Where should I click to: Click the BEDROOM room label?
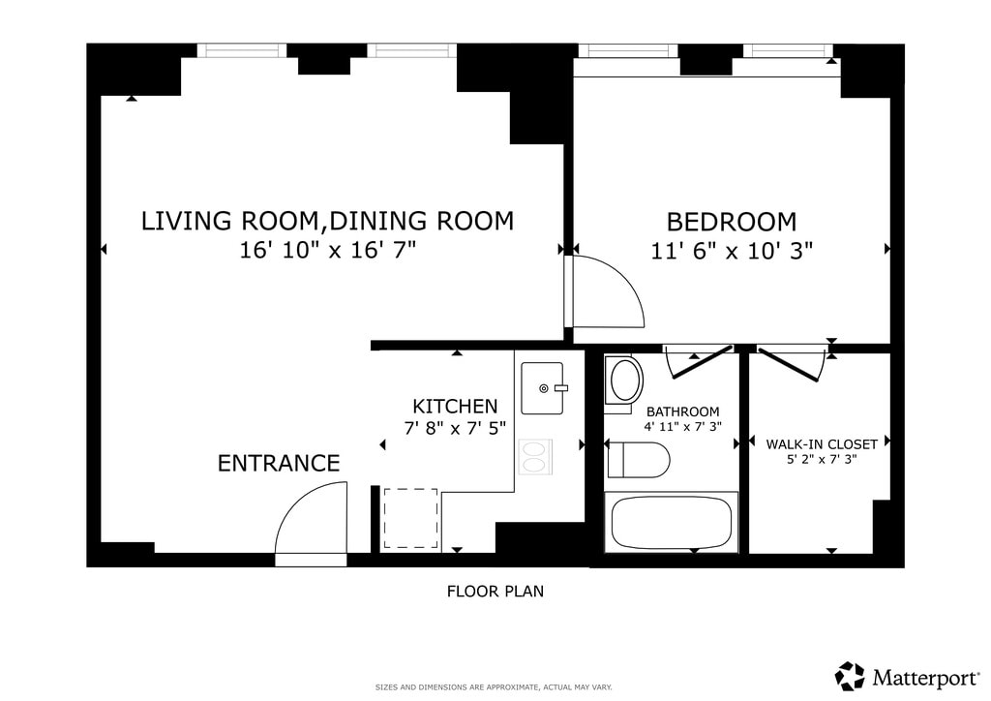click(732, 222)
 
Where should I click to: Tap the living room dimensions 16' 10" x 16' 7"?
click(327, 251)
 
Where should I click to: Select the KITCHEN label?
click(455, 406)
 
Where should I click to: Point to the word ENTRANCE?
click(279, 464)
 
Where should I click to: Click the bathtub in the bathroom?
click(672, 522)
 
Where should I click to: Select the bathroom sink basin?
click(624, 380)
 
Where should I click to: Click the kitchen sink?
click(542, 388)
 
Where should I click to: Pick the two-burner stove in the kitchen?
click(535, 457)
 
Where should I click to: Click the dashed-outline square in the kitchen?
click(410, 518)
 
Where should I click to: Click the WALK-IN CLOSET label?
click(822, 444)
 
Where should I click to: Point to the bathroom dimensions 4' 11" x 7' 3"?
click(682, 427)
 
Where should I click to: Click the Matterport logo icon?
click(850, 677)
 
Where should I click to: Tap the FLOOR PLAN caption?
click(495, 592)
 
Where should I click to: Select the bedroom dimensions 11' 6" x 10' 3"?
click(732, 251)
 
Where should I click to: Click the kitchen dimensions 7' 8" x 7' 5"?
click(455, 429)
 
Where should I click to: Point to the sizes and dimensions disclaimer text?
click(494, 687)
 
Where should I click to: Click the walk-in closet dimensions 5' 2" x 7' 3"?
click(822, 460)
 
